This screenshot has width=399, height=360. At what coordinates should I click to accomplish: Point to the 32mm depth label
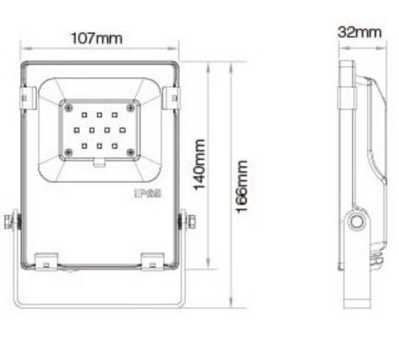[359, 32]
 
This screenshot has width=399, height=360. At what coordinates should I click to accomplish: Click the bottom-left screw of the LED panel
[68, 153]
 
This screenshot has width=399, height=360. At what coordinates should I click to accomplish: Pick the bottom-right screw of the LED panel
[132, 153]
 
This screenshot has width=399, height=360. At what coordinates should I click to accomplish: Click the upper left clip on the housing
[27, 97]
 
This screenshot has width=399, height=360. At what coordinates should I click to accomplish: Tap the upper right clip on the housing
[173, 97]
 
